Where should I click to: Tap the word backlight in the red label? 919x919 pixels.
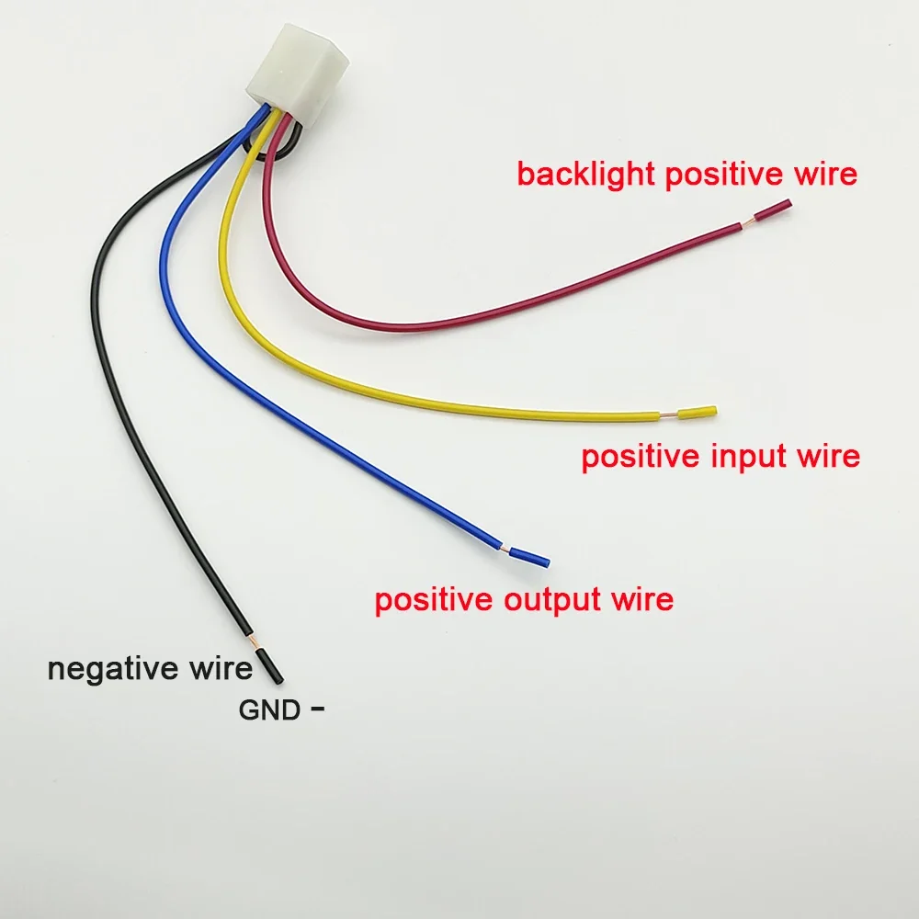(585, 174)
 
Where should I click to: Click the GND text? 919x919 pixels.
(269, 709)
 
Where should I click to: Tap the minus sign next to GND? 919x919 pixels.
(319, 708)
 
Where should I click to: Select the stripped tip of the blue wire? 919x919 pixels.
(529, 556)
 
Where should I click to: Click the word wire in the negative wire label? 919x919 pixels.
(220, 668)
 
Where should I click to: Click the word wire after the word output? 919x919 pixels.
(641, 600)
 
